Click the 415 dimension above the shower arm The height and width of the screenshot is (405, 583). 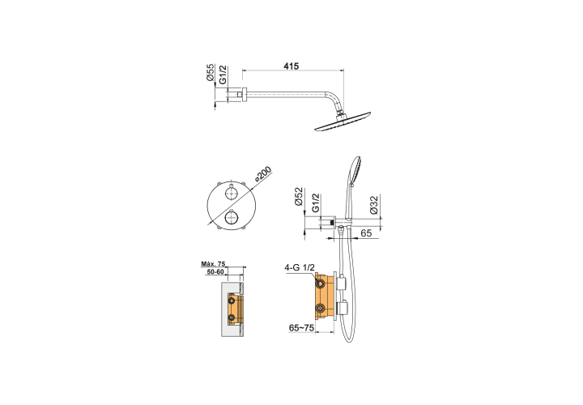tap(291, 66)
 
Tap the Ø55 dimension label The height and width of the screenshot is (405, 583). tap(211, 72)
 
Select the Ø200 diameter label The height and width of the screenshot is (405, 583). tap(263, 174)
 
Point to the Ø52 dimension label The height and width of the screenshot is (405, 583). tap(299, 197)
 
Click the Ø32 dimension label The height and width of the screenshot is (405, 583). tap(374, 205)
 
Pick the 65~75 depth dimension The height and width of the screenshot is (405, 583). tap(301, 327)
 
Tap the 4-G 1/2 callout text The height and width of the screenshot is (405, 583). tap(300, 267)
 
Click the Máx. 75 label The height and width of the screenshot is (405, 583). tap(213, 264)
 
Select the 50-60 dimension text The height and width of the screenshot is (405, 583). tap(215, 272)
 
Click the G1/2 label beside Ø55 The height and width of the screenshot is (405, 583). tap(223, 75)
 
